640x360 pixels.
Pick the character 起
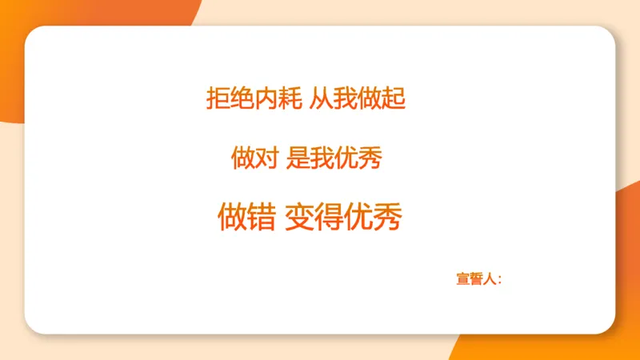coord(394,98)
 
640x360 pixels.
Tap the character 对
coord(266,158)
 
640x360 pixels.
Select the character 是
coord(298,158)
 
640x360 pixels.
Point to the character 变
coord(299,216)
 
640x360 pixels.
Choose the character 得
coord(328,216)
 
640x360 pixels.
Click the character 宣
coord(463,279)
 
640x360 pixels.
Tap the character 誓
coord(478,279)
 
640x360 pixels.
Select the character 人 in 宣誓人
coord(491,279)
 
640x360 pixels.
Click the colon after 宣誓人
coord(501,280)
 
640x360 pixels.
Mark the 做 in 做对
coord(242,158)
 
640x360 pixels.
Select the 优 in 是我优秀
coord(346,158)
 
